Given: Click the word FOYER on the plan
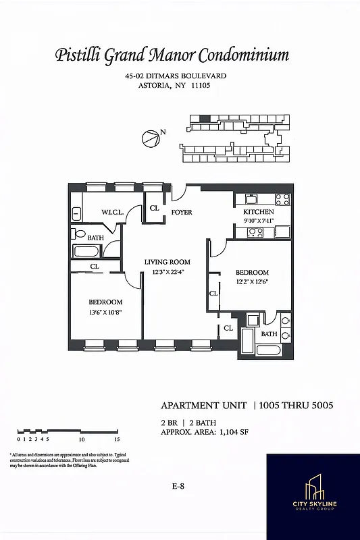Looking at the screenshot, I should pyautogui.click(x=182, y=213).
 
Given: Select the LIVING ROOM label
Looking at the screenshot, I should pyautogui.click(x=168, y=262).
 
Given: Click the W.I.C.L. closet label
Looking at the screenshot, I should pyautogui.click(x=112, y=213).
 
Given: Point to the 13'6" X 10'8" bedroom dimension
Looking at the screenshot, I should pyautogui.click(x=105, y=313).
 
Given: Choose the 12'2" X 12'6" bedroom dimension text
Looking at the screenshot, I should pyautogui.click(x=252, y=283).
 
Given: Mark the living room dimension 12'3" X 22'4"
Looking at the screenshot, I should pyautogui.click(x=168, y=272).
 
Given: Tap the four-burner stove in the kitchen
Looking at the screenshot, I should pyautogui.click(x=282, y=199).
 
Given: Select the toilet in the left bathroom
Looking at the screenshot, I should pyautogui.click(x=80, y=236).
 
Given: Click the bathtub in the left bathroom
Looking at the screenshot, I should pyautogui.click(x=86, y=252).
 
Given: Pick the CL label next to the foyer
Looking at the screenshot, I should pyautogui.click(x=155, y=208).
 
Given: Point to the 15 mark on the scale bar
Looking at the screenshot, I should pyautogui.click(x=117, y=438).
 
